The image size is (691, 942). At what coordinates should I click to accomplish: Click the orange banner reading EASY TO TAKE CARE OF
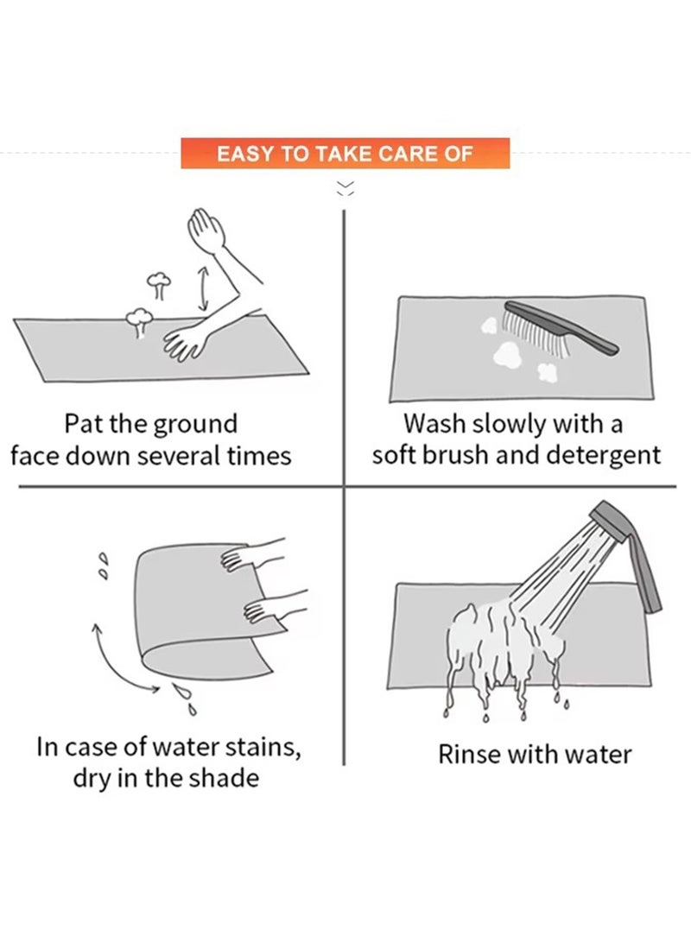click(345, 153)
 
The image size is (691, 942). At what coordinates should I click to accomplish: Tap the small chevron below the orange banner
click(345, 188)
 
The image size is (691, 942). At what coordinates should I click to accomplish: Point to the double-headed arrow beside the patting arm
click(203, 289)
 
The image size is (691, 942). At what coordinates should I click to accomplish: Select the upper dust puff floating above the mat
click(159, 285)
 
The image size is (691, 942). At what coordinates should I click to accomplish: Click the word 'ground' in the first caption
click(195, 425)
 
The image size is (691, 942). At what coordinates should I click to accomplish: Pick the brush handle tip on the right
click(613, 351)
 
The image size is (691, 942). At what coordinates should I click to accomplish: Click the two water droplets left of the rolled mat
click(105, 566)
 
